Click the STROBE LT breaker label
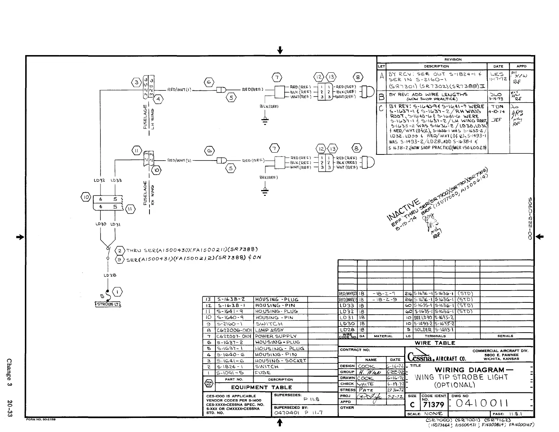(x=107, y=304)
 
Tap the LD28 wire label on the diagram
(x=107, y=275)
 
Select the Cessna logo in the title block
(x=420, y=357)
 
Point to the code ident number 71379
(x=433, y=405)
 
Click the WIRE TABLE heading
(x=435, y=343)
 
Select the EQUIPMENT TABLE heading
(x=261, y=387)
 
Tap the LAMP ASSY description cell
(x=269, y=330)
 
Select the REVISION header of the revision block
(x=453, y=59)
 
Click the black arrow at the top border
(x=279, y=51)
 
